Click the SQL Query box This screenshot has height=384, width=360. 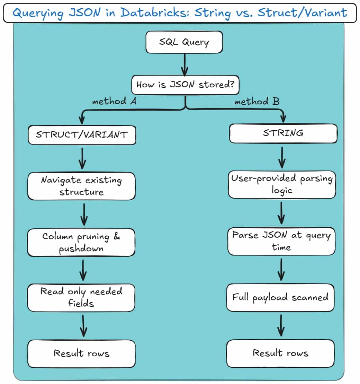pyautogui.click(x=184, y=42)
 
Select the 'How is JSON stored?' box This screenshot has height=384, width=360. pyautogui.click(x=185, y=85)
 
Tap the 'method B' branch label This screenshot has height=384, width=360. pyautogui.click(x=257, y=102)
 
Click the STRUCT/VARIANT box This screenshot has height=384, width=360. pyautogui.click(x=81, y=134)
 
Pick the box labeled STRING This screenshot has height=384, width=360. pyautogui.click(x=283, y=133)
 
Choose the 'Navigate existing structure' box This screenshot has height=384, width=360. pyautogui.click(x=81, y=186)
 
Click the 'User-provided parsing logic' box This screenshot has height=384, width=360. pyautogui.click(x=282, y=184)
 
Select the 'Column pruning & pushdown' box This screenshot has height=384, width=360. pyautogui.click(x=81, y=242)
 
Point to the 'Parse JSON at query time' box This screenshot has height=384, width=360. pyautogui.click(x=281, y=241)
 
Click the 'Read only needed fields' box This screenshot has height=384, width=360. pyautogui.click(x=81, y=297)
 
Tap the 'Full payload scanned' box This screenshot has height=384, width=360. pyautogui.click(x=280, y=297)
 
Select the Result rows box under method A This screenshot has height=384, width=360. pyautogui.click(x=81, y=354)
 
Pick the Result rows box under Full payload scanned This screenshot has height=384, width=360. pyautogui.click(x=280, y=353)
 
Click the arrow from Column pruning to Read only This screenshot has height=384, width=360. pyautogui.click(x=83, y=270)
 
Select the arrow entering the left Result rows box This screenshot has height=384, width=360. pyautogui.click(x=83, y=325)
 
